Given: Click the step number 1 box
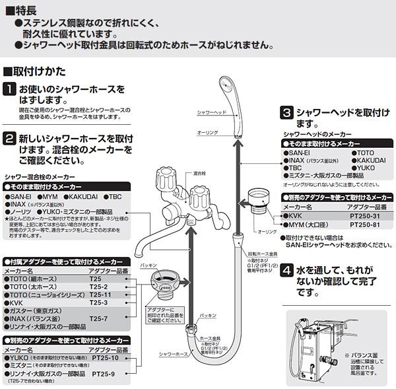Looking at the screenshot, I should coord(10,89).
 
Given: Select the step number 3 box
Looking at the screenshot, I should coord(286,113).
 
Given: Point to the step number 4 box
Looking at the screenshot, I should coord(286,270).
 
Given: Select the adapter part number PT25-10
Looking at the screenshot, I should coord(106,357).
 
